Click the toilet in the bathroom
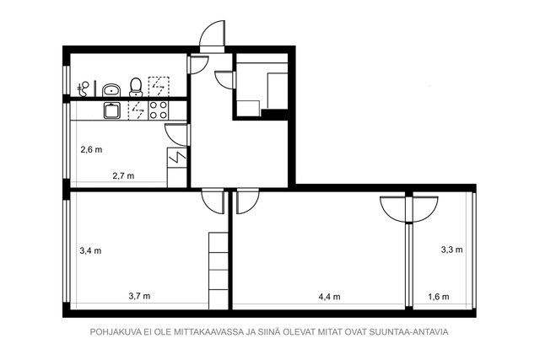(135, 87)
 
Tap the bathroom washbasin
(111, 89)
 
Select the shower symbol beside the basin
(84, 88)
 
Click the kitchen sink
(111, 110)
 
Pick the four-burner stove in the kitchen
(158, 110)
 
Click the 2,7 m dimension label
(123, 176)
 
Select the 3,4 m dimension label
(90, 250)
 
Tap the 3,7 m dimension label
(139, 296)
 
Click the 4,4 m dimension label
(330, 296)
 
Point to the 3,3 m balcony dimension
(452, 250)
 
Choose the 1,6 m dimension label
(439, 296)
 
